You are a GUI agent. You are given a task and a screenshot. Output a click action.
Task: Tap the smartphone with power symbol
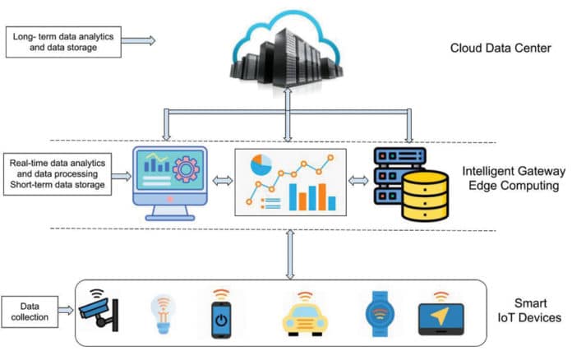coord(219,314)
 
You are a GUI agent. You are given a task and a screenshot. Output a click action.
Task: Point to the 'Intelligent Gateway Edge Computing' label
coord(514,179)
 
